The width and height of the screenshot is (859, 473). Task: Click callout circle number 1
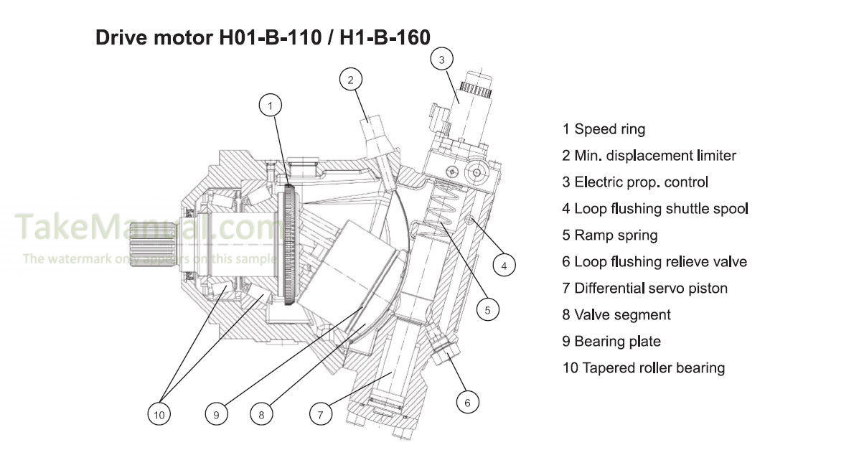tap(271, 106)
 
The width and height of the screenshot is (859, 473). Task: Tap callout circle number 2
tap(350, 80)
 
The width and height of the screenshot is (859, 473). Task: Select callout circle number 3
tap(442, 59)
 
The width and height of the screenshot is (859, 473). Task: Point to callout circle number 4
tap(504, 266)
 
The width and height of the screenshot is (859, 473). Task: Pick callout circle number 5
tap(487, 310)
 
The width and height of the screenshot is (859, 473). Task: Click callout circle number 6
tap(467, 403)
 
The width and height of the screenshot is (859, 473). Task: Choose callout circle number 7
tap(321, 413)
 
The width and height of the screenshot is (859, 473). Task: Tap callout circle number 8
tap(261, 413)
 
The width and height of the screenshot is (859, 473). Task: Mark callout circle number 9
tap(215, 413)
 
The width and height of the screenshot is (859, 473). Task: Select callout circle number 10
tap(159, 413)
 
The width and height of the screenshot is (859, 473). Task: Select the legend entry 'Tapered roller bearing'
tap(644, 368)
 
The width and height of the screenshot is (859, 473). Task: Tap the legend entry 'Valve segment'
tap(616, 315)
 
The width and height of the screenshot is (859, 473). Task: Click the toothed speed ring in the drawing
tap(289, 244)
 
